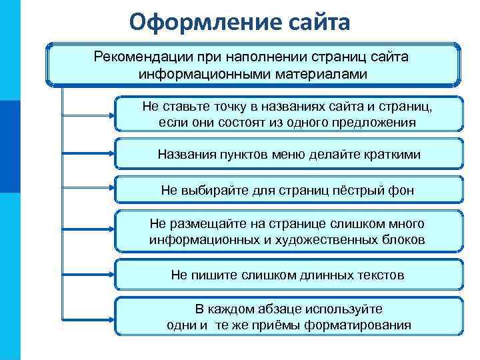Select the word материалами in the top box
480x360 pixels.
326,73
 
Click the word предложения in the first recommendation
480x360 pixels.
361,123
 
